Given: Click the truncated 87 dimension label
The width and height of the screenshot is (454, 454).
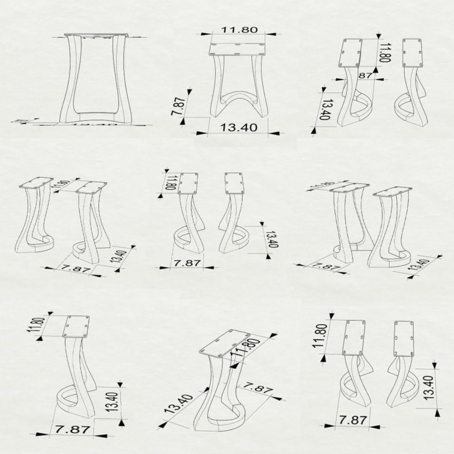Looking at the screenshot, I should tap(365, 75).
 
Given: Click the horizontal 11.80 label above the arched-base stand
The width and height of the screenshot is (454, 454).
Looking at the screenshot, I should tap(239, 30).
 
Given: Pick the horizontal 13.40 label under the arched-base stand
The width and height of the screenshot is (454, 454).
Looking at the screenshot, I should tap(239, 128).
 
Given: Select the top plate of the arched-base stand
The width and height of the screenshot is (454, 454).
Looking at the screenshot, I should tap(237, 49).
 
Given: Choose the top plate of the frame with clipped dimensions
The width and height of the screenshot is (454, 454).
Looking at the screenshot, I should tap(97, 35).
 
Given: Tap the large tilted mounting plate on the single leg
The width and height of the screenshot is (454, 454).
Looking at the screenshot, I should tap(225, 343).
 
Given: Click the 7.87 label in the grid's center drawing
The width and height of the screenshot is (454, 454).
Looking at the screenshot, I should tap(187, 262).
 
